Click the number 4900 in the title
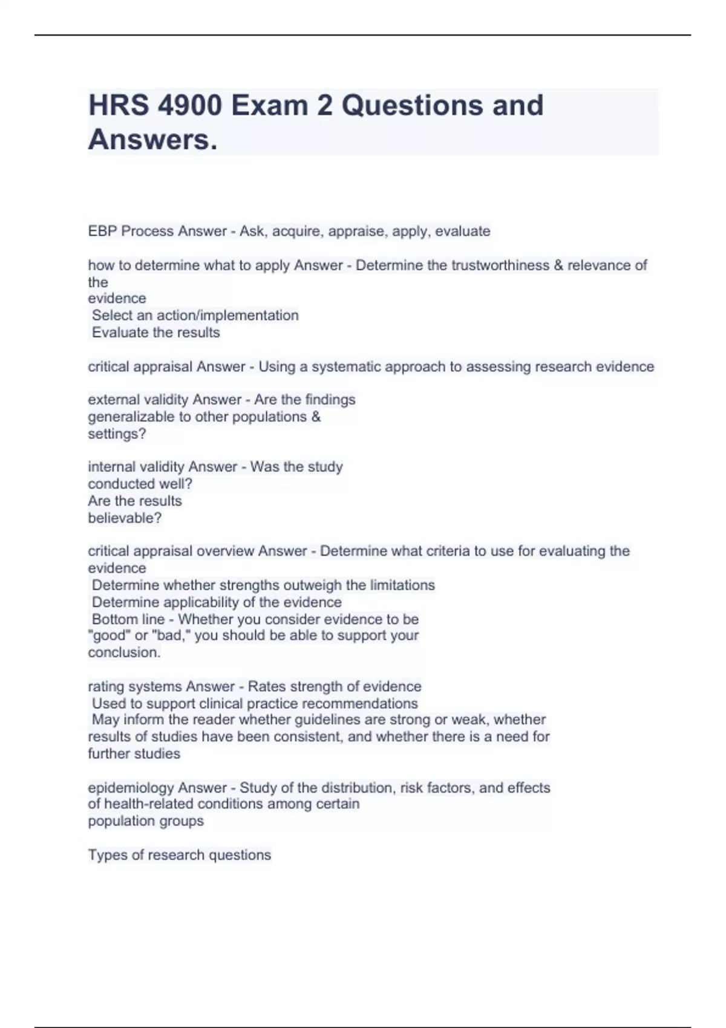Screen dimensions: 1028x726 click(x=189, y=105)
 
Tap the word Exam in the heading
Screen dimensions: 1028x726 click(x=269, y=105)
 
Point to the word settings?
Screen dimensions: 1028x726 click(x=117, y=434)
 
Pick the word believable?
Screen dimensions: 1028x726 click(x=125, y=518)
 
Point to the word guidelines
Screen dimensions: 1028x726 click(x=326, y=720)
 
